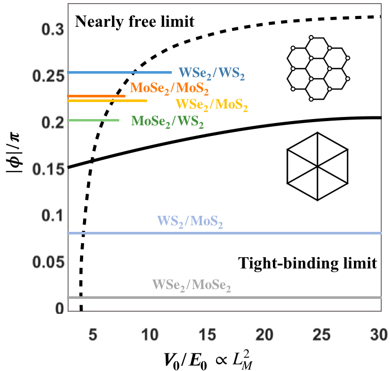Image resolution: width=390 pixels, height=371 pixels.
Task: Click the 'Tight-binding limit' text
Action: [x=307, y=263]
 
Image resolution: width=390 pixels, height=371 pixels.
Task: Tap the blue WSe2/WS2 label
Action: [x=212, y=73]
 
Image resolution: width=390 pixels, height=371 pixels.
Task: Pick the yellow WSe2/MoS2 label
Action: [x=212, y=105]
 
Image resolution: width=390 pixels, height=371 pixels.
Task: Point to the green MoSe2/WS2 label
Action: [x=168, y=122]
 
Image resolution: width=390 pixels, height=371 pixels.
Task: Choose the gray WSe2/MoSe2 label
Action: [x=191, y=285]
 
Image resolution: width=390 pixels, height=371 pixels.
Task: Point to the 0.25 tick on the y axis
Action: [x=50, y=73]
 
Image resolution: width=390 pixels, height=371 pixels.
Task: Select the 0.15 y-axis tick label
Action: [x=50, y=168]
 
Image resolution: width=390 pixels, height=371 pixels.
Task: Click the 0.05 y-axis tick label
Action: [x=50, y=263]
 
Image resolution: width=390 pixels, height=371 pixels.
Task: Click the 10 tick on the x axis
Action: [x=150, y=333]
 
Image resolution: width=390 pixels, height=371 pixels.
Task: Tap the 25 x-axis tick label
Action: [x=322, y=333]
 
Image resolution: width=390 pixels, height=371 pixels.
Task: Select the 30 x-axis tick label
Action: [x=379, y=333]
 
